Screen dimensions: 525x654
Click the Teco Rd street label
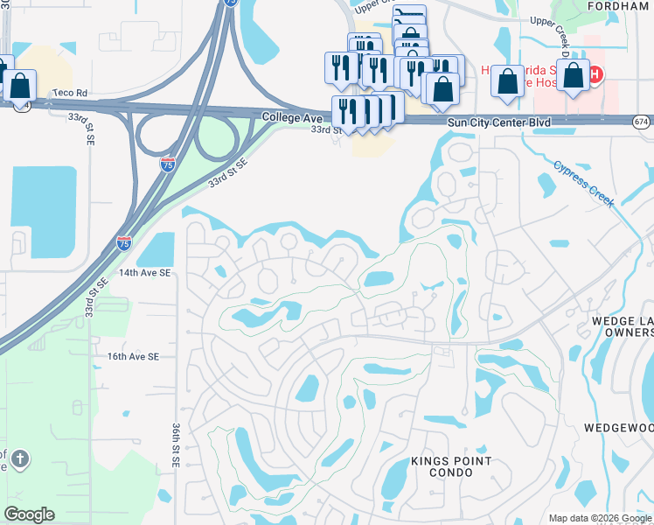[70, 91]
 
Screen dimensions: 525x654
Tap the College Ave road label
[288, 116]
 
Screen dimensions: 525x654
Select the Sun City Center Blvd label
[499, 122]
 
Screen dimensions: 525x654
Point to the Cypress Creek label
[584, 183]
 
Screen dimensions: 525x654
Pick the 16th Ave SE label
[133, 357]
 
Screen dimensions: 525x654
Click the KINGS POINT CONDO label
[451, 466]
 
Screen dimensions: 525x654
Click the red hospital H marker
[595, 74]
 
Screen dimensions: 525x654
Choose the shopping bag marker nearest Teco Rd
[19, 86]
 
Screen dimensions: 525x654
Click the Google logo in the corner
[29, 514]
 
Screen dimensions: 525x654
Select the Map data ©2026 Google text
[601, 518]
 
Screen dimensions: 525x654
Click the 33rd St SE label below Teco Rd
[88, 126]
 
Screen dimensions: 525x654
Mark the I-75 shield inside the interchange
[168, 163]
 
